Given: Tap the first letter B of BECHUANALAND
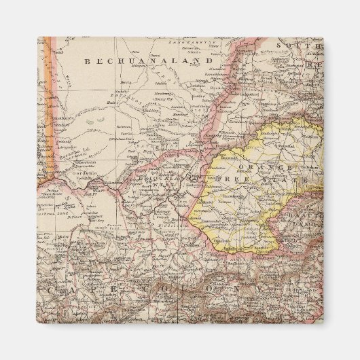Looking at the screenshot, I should (x=87, y=60).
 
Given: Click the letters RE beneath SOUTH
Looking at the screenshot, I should (x=313, y=65).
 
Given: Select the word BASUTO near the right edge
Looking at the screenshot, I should (x=309, y=212).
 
